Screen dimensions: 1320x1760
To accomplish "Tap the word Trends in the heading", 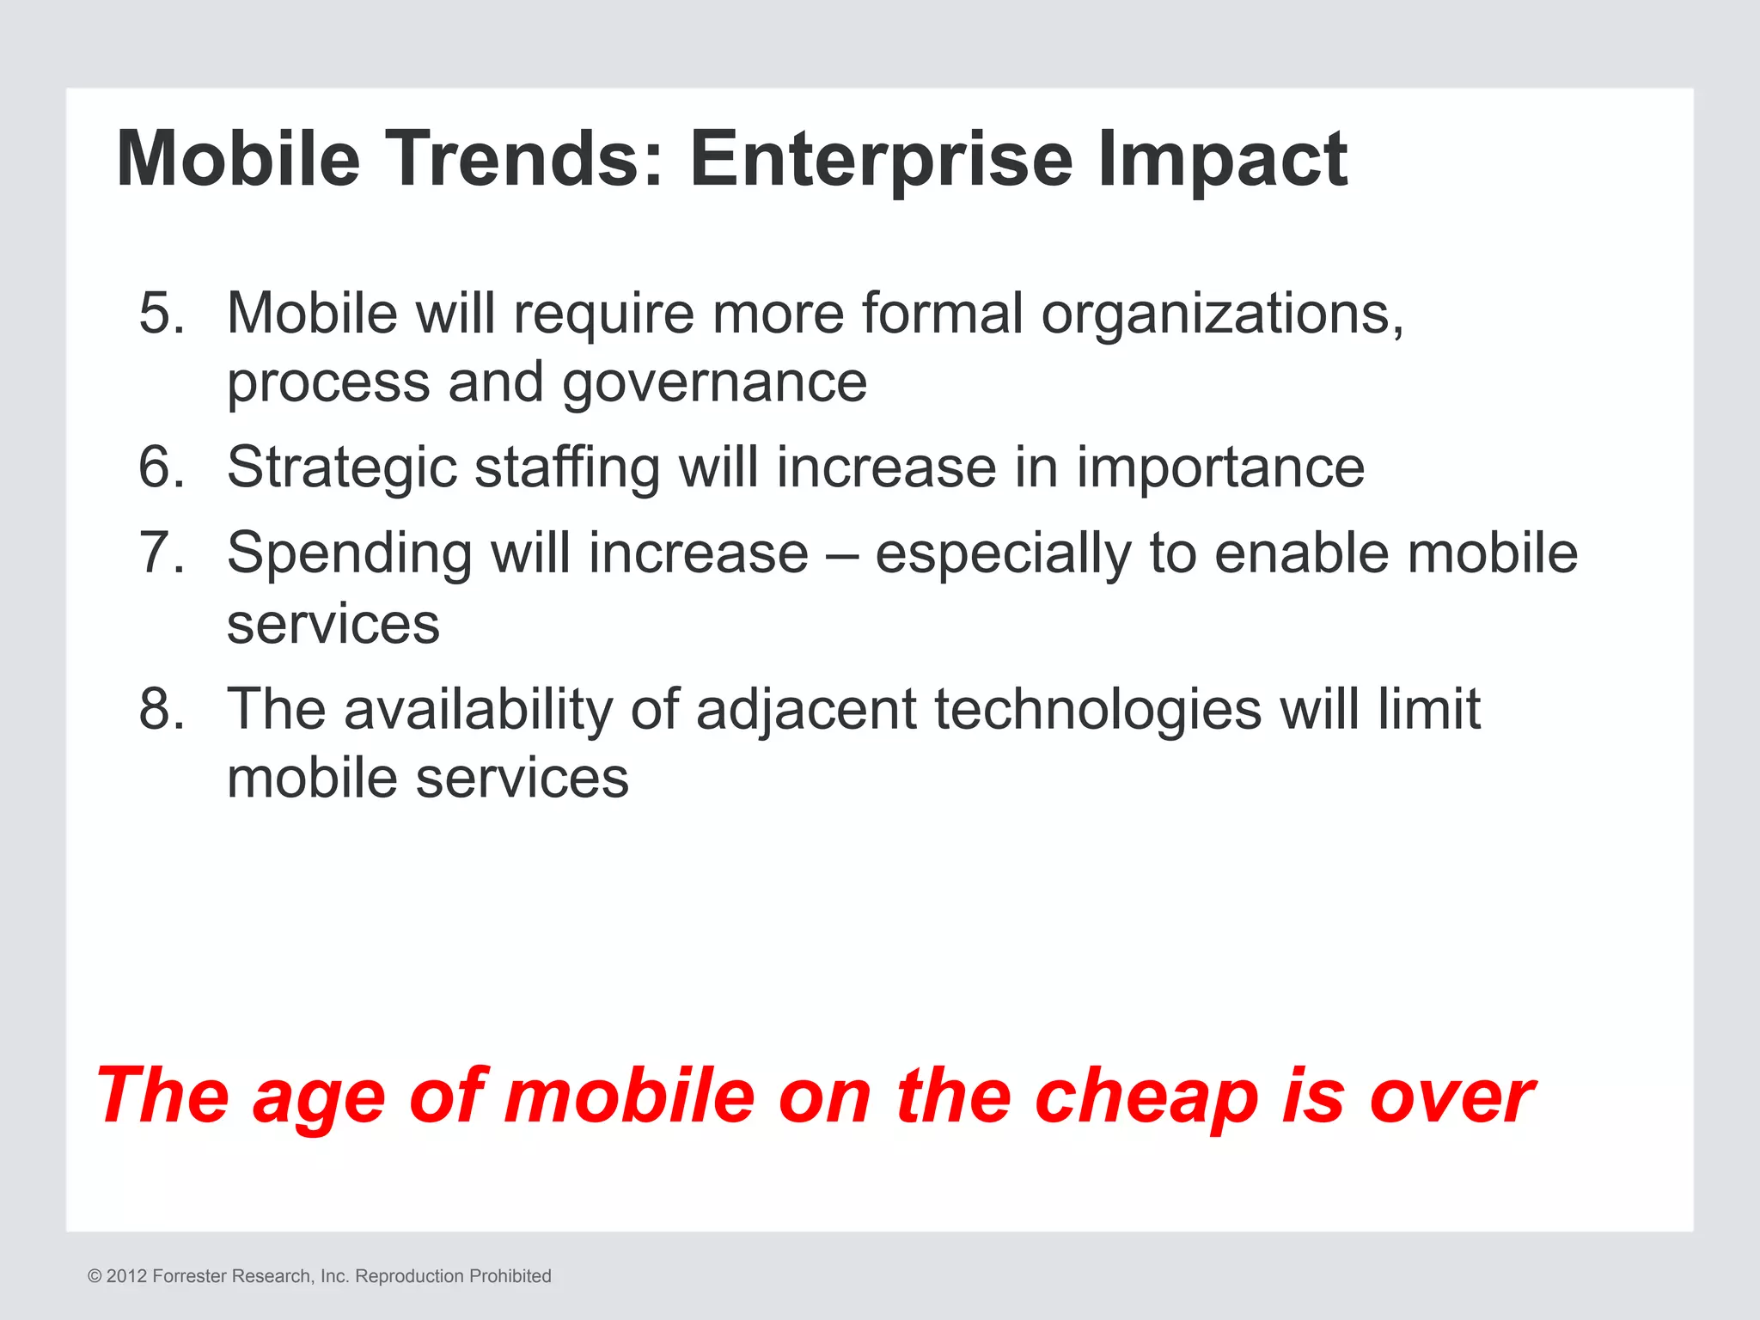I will [x=526, y=159].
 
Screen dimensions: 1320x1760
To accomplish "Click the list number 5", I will [x=162, y=313].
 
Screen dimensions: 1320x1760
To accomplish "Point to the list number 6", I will [x=162, y=467].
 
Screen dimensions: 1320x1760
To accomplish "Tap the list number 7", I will [x=162, y=553].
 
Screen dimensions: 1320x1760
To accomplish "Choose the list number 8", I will [x=162, y=710].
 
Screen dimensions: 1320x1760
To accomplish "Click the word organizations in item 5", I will [x=1222, y=315].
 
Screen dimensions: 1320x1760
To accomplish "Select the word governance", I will [x=714, y=384].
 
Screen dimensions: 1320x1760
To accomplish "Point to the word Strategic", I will [x=341, y=469].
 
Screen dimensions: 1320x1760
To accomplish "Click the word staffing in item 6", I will [x=567, y=469].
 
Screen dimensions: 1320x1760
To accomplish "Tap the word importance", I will [x=1220, y=469].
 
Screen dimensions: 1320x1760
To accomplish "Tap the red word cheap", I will [x=1146, y=1098].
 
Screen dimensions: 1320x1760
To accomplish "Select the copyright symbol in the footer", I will [x=95, y=1276].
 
